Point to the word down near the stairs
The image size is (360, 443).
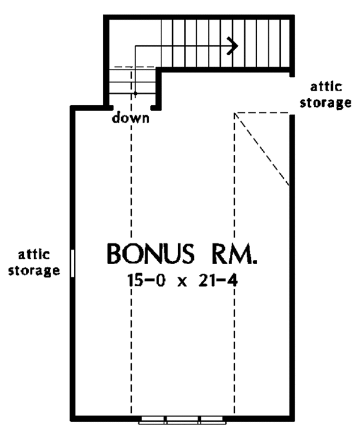tap(130, 118)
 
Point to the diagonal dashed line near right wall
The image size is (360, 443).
tap(264, 149)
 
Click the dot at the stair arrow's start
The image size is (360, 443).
tap(136, 93)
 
